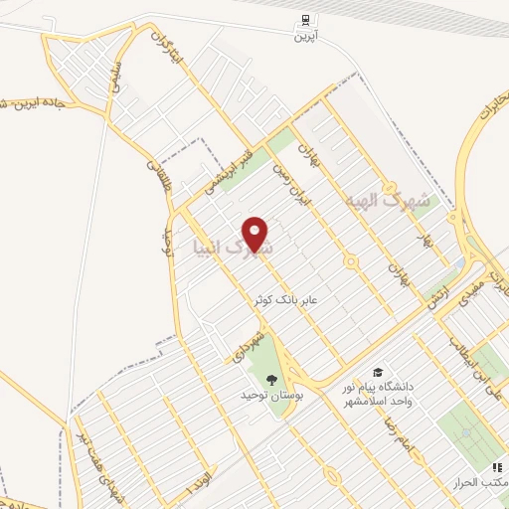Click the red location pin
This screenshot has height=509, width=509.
click(257, 234)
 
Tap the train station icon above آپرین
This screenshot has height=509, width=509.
click(302, 19)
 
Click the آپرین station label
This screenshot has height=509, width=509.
click(302, 37)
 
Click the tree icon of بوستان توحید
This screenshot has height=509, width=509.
click(272, 378)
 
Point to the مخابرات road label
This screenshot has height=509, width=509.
click(486, 119)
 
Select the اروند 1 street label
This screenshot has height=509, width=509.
click(199, 482)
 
